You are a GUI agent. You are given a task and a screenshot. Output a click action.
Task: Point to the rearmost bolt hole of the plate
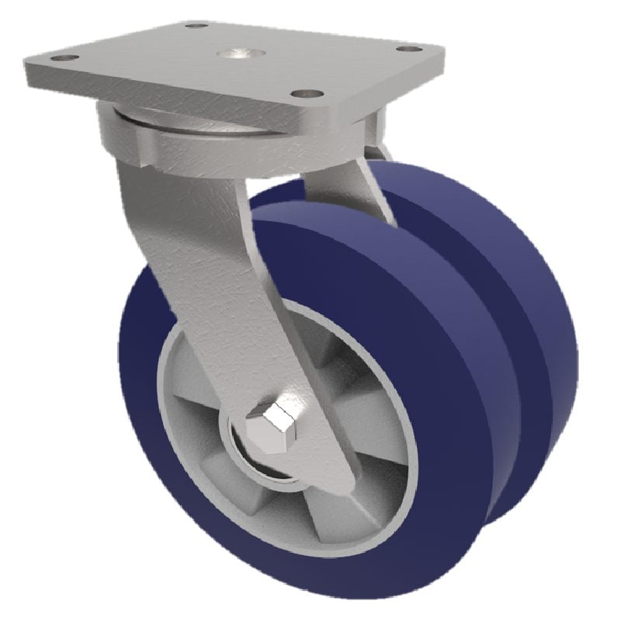point(198,26)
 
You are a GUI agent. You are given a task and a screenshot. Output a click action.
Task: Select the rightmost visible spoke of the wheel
point(373,435)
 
